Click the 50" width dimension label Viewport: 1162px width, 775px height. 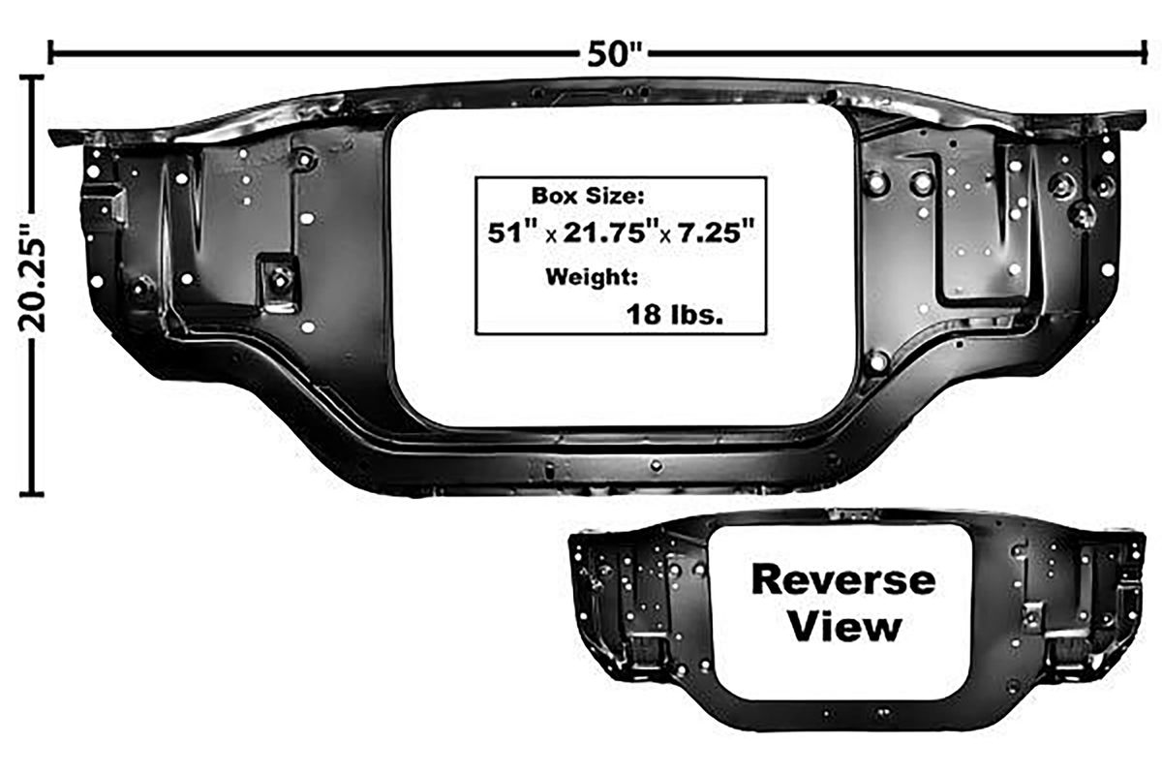pyautogui.click(x=615, y=55)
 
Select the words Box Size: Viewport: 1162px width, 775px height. pyautogui.click(x=588, y=197)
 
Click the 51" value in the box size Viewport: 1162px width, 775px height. pyautogui.click(x=513, y=232)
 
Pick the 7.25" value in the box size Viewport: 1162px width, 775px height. pyautogui.click(x=716, y=232)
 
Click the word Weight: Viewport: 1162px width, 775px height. pyautogui.click(x=592, y=278)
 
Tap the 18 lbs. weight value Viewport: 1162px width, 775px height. pyautogui.click(x=675, y=314)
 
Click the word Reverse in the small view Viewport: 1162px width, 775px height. pyautogui.click(x=844, y=580)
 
